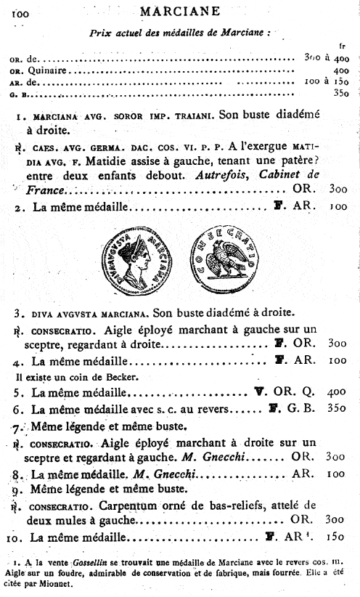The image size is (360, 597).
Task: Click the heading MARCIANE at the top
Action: tap(180, 12)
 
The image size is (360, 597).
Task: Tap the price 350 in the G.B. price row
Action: tap(340, 93)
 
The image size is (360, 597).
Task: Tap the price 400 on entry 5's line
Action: tap(337, 391)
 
